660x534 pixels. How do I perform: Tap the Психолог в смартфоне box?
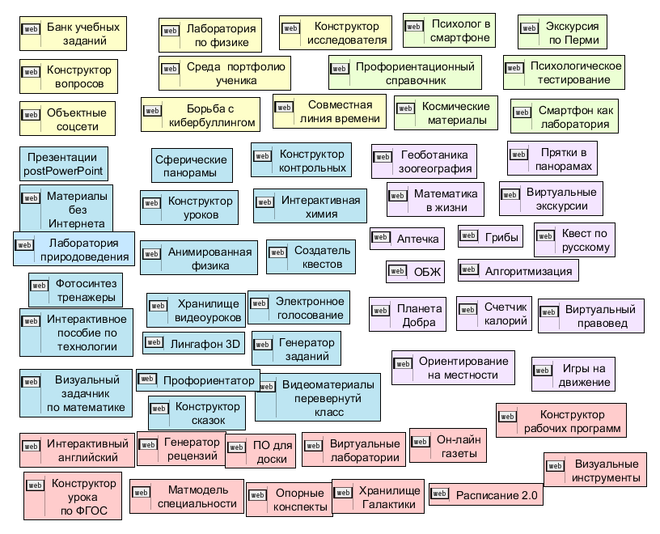[449, 32]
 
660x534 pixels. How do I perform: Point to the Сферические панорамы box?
[192, 167]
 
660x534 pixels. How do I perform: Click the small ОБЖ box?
[416, 272]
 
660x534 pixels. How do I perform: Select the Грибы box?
[490, 237]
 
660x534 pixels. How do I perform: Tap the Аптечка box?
[407, 239]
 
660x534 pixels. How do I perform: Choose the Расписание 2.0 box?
[485, 494]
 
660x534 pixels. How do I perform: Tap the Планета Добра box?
[408, 316]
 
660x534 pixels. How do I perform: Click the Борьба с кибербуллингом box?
[201, 115]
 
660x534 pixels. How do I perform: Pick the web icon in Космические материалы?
[406, 110]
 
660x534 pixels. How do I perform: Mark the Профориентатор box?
[198, 379]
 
